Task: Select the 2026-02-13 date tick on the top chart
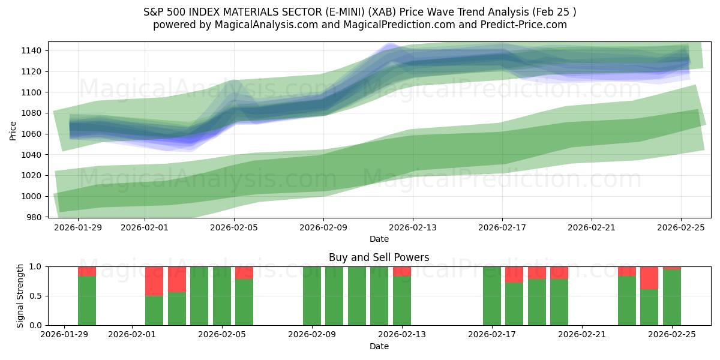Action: [413, 228]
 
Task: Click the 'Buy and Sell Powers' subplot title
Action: [379, 257]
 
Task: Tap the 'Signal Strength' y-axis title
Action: [20, 296]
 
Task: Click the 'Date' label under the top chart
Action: [379, 239]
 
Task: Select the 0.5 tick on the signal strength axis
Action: [35, 296]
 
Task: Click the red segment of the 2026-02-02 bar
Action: [154, 281]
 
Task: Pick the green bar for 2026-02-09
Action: [312, 296]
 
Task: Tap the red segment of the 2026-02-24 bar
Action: [649, 277]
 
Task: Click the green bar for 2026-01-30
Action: [87, 300]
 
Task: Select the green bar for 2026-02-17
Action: [492, 296]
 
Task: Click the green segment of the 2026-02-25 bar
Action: [672, 298]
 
